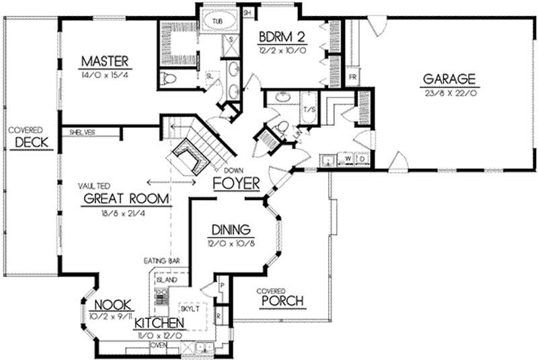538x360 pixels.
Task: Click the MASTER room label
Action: click(x=104, y=62)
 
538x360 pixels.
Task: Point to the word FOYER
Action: click(x=235, y=183)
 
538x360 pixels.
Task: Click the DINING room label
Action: click(x=231, y=229)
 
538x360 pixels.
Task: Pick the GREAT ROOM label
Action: click(x=126, y=199)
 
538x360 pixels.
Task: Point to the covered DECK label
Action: click(x=28, y=143)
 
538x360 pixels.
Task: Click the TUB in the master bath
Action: click(x=217, y=22)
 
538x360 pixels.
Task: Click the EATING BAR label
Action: click(x=160, y=260)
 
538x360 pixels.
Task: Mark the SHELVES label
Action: click(x=81, y=133)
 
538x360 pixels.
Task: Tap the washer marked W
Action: click(x=348, y=161)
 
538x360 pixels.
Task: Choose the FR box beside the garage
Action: click(x=352, y=77)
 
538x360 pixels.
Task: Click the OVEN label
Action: click(x=159, y=345)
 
